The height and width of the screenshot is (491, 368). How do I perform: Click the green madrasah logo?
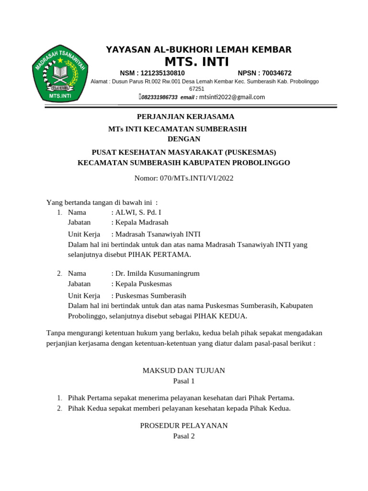coord(59,76)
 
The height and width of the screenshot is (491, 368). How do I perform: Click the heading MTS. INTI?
coord(197,62)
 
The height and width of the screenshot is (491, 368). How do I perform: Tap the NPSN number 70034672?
coord(275,73)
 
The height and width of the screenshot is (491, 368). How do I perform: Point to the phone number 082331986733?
coord(159,97)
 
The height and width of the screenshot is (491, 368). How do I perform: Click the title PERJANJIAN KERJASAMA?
coord(185,117)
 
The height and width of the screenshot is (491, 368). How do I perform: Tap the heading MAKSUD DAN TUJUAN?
coord(184,371)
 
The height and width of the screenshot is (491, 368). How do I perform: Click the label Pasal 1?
coord(184,381)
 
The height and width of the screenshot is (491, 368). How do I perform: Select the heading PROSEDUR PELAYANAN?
coord(184,426)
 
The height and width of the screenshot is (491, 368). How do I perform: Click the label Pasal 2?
coord(184,436)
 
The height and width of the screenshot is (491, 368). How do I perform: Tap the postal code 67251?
coord(196,89)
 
